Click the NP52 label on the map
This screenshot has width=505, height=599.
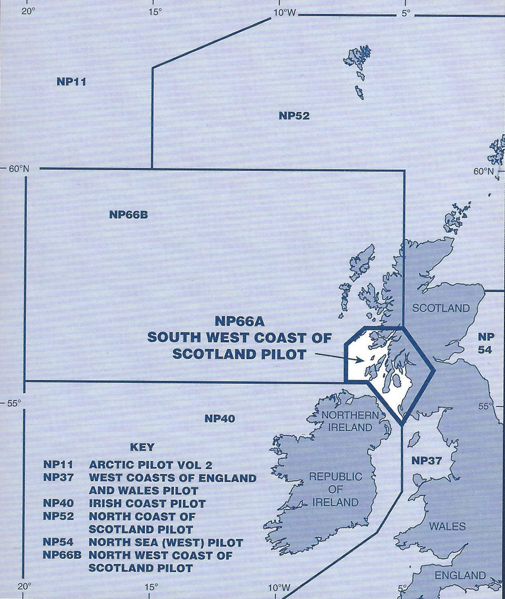coord(294,116)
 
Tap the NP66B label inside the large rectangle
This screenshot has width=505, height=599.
coord(128,215)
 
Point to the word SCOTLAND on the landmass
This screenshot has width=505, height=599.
coord(441,308)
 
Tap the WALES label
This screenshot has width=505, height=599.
coord(448,526)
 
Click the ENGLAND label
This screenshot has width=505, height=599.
coord(460,576)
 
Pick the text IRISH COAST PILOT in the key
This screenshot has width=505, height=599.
coord(147,504)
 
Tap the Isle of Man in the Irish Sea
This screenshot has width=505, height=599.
coord(413,439)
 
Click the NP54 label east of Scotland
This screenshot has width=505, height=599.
coord(486,343)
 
